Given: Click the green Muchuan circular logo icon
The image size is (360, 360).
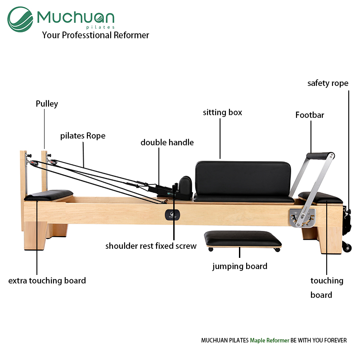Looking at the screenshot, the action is click(x=20, y=19).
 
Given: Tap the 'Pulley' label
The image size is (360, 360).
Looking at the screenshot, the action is click(x=47, y=104).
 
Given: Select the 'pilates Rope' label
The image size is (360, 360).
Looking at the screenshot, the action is click(x=83, y=136).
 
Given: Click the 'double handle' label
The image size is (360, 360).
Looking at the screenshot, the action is click(x=167, y=143).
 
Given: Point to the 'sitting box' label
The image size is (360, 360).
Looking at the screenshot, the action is click(x=222, y=112).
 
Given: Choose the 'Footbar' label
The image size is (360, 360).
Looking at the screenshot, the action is click(x=310, y=115).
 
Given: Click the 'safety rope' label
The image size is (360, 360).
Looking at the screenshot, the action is click(x=328, y=83).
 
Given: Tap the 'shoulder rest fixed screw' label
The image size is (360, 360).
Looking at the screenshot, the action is click(x=151, y=246).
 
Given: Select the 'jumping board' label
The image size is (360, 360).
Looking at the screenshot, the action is click(x=240, y=266).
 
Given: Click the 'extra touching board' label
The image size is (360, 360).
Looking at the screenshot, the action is click(x=47, y=280).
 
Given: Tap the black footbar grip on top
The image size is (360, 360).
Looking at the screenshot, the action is click(x=319, y=156).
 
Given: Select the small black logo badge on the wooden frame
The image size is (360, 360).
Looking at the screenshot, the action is click(x=172, y=215).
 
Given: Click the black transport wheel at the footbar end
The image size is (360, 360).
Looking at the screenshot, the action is click(x=347, y=247).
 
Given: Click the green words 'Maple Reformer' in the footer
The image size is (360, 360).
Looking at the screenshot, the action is click(x=270, y=340).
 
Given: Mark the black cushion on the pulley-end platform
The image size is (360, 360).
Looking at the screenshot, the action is click(x=49, y=195).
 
